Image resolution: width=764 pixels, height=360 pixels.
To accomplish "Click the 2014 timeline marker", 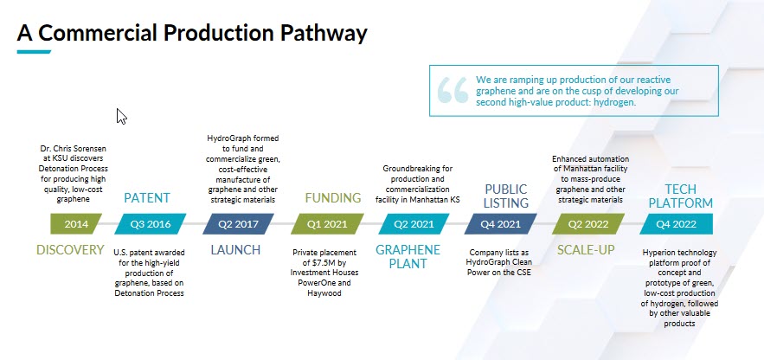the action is tap(76, 224).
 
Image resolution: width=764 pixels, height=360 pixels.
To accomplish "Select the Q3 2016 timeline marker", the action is tap(151, 224).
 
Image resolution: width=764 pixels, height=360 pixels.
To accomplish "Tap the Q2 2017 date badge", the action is tap(238, 224).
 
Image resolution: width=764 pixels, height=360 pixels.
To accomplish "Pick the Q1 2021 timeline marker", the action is tap(327, 224).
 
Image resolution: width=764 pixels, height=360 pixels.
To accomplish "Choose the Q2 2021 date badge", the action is tap(414, 224).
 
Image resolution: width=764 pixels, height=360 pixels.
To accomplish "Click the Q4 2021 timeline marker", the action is tap(500, 224).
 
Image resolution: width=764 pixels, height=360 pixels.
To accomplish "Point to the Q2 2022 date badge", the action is tap(588, 224).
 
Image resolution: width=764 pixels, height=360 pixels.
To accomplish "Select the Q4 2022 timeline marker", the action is tap(676, 224).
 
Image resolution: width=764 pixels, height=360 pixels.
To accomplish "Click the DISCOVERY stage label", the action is tap(70, 250).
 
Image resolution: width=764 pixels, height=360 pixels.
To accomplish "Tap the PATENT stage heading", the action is tap(147, 198).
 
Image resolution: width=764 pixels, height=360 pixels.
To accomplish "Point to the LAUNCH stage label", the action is tap(236, 250).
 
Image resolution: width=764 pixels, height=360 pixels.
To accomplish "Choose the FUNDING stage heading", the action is tap(333, 198).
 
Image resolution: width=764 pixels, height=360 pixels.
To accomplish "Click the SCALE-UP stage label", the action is tap(586, 250).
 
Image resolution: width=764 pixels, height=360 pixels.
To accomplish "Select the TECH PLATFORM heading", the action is tap(681, 196).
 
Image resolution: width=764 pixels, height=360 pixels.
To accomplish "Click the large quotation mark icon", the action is tap(453, 90).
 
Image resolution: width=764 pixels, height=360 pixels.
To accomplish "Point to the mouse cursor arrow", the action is tap(121, 117).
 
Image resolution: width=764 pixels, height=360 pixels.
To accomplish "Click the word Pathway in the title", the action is tap(323, 33).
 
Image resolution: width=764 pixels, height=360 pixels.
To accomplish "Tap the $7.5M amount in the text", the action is tap(318, 263).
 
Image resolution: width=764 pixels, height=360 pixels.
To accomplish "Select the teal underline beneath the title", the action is tap(34, 52).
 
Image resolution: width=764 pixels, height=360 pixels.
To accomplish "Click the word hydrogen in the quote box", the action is tap(614, 103).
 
